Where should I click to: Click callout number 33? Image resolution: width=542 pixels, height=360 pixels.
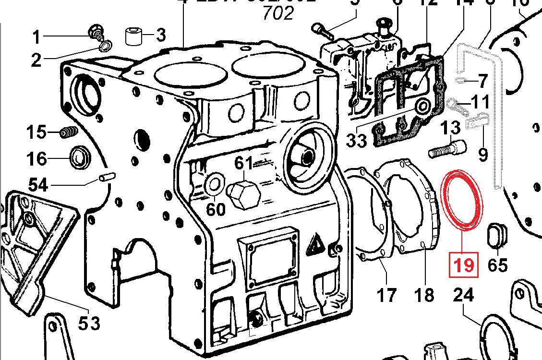click(x=356, y=140)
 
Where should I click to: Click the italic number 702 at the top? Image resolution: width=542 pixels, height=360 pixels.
click(x=277, y=13)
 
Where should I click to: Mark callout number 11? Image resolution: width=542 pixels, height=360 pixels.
click(x=480, y=102)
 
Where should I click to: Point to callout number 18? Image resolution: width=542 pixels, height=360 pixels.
click(x=424, y=294)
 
